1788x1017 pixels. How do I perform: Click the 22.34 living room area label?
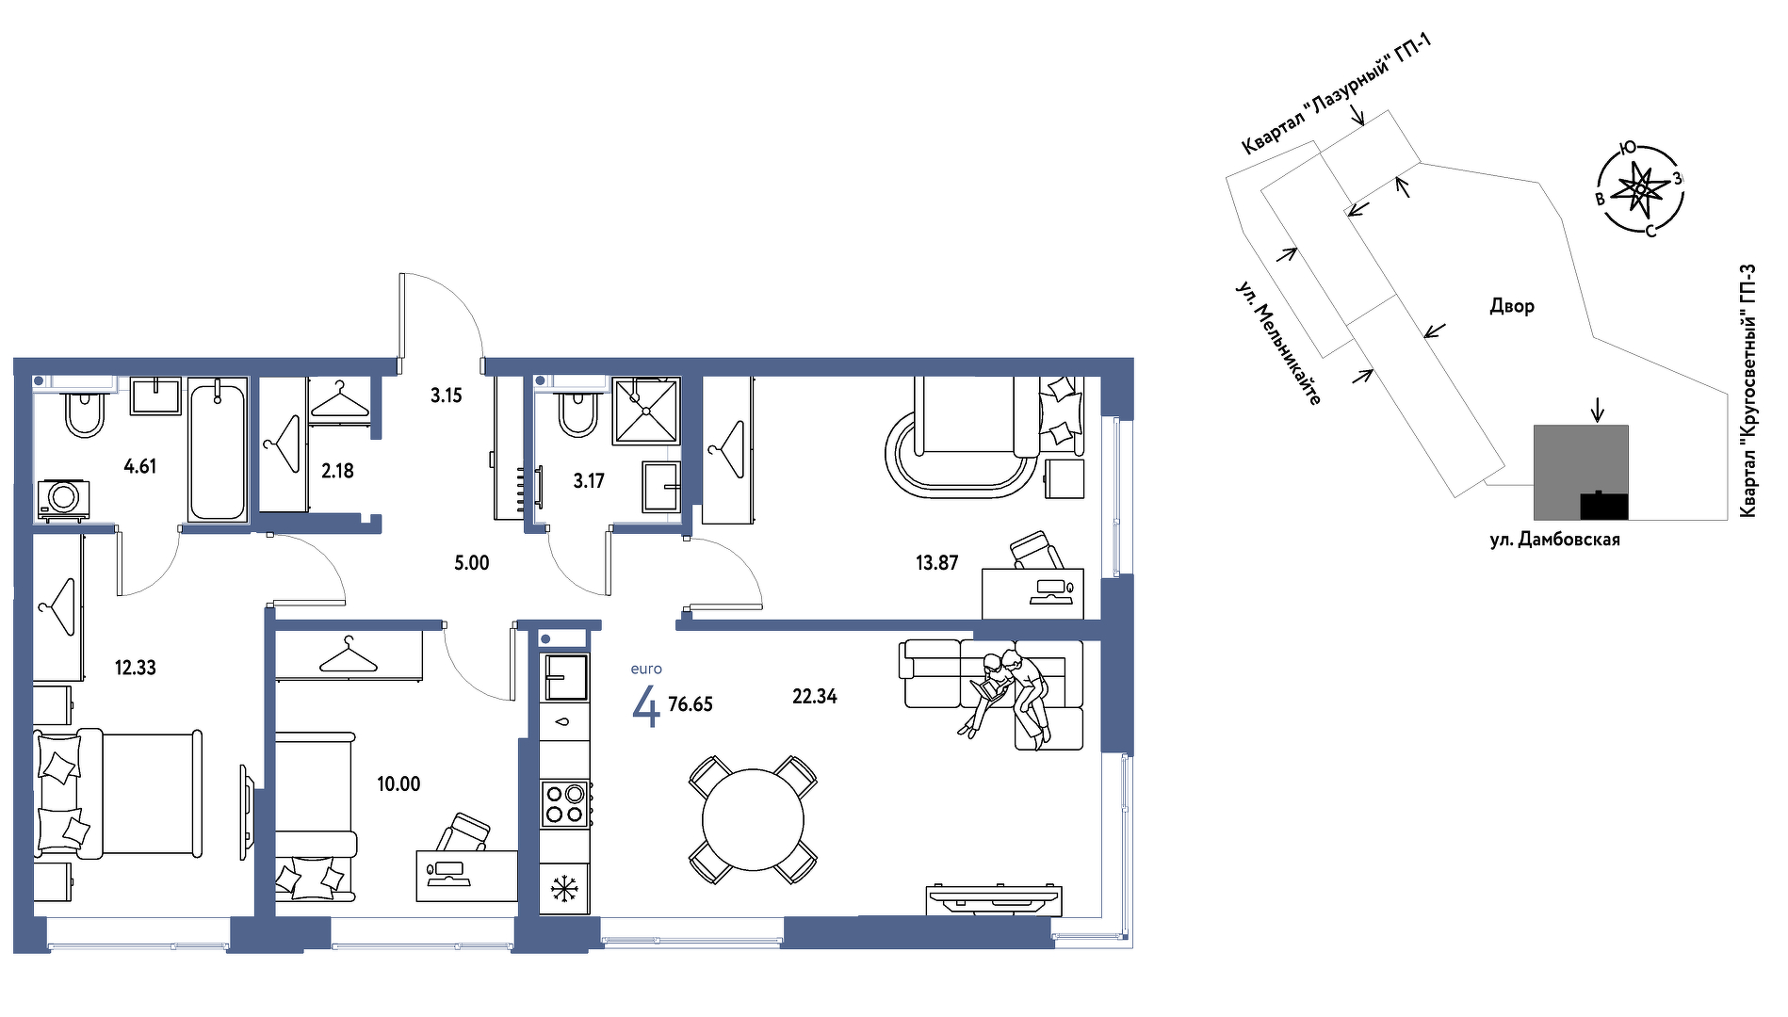coord(814,697)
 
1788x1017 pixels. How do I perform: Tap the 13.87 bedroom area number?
coord(936,563)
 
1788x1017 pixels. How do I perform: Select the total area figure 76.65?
coord(691,704)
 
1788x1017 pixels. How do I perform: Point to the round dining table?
coord(753,820)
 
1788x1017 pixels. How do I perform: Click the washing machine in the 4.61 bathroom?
coord(64,498)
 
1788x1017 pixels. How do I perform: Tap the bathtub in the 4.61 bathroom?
coord(217,450)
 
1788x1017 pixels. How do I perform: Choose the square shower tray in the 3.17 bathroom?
coord(646,411)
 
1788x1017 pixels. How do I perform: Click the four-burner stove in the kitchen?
coord(565,804)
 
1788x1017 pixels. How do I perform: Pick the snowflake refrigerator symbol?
coord(564,888)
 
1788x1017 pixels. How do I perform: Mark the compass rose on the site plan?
coord(1641,189)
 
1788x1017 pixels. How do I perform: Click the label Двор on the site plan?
coord(1512,306)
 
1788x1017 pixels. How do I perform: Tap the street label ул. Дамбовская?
coord(1554,540)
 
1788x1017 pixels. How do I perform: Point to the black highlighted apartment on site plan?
coord(1603,506)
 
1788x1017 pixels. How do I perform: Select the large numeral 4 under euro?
coord(645,707)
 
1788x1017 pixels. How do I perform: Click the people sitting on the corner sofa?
coord(1008,692)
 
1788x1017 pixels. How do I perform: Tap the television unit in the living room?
coord(994,899)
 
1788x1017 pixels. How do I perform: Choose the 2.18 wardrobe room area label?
coord(337,471)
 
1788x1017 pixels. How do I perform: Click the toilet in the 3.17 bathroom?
coord(577,411)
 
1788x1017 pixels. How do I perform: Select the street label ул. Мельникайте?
coord(1278,343)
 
